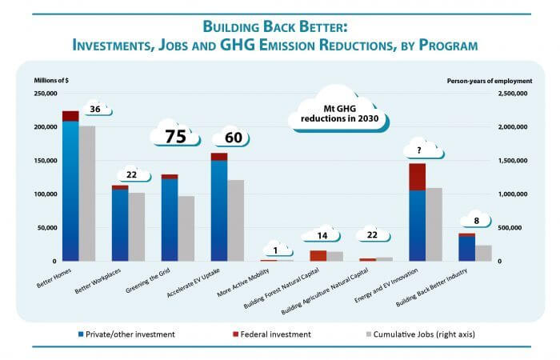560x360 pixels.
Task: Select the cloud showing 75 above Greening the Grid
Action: (176, 136)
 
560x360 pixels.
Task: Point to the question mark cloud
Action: (418, 149)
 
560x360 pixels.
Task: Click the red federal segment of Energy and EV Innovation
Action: (417, 177)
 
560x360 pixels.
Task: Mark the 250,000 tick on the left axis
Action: (45, 94)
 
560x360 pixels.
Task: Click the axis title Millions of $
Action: (52, 80)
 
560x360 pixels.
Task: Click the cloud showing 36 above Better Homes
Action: (94, 110)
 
